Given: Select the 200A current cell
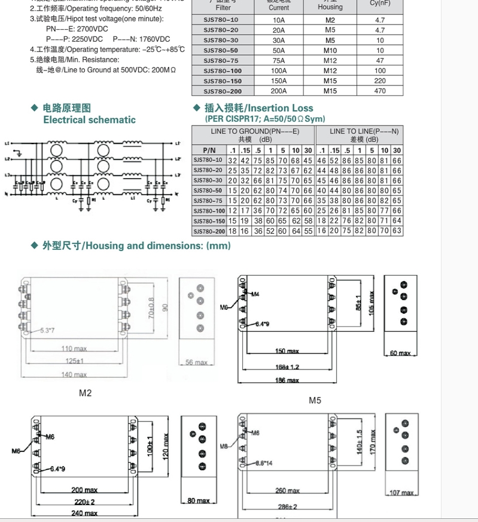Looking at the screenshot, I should [279, 91].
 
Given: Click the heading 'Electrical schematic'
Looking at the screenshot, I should [89, 120].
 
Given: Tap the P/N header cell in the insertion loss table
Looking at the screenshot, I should [209, 150].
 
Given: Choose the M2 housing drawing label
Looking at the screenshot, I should [85, 393].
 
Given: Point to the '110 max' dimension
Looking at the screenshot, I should [74, 349].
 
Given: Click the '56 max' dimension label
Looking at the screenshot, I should [196, 362].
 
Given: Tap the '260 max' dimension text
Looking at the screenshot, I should [288, 491].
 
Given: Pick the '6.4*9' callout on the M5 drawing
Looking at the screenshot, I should [262, 324].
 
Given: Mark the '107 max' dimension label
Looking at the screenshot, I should [401, 493].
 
